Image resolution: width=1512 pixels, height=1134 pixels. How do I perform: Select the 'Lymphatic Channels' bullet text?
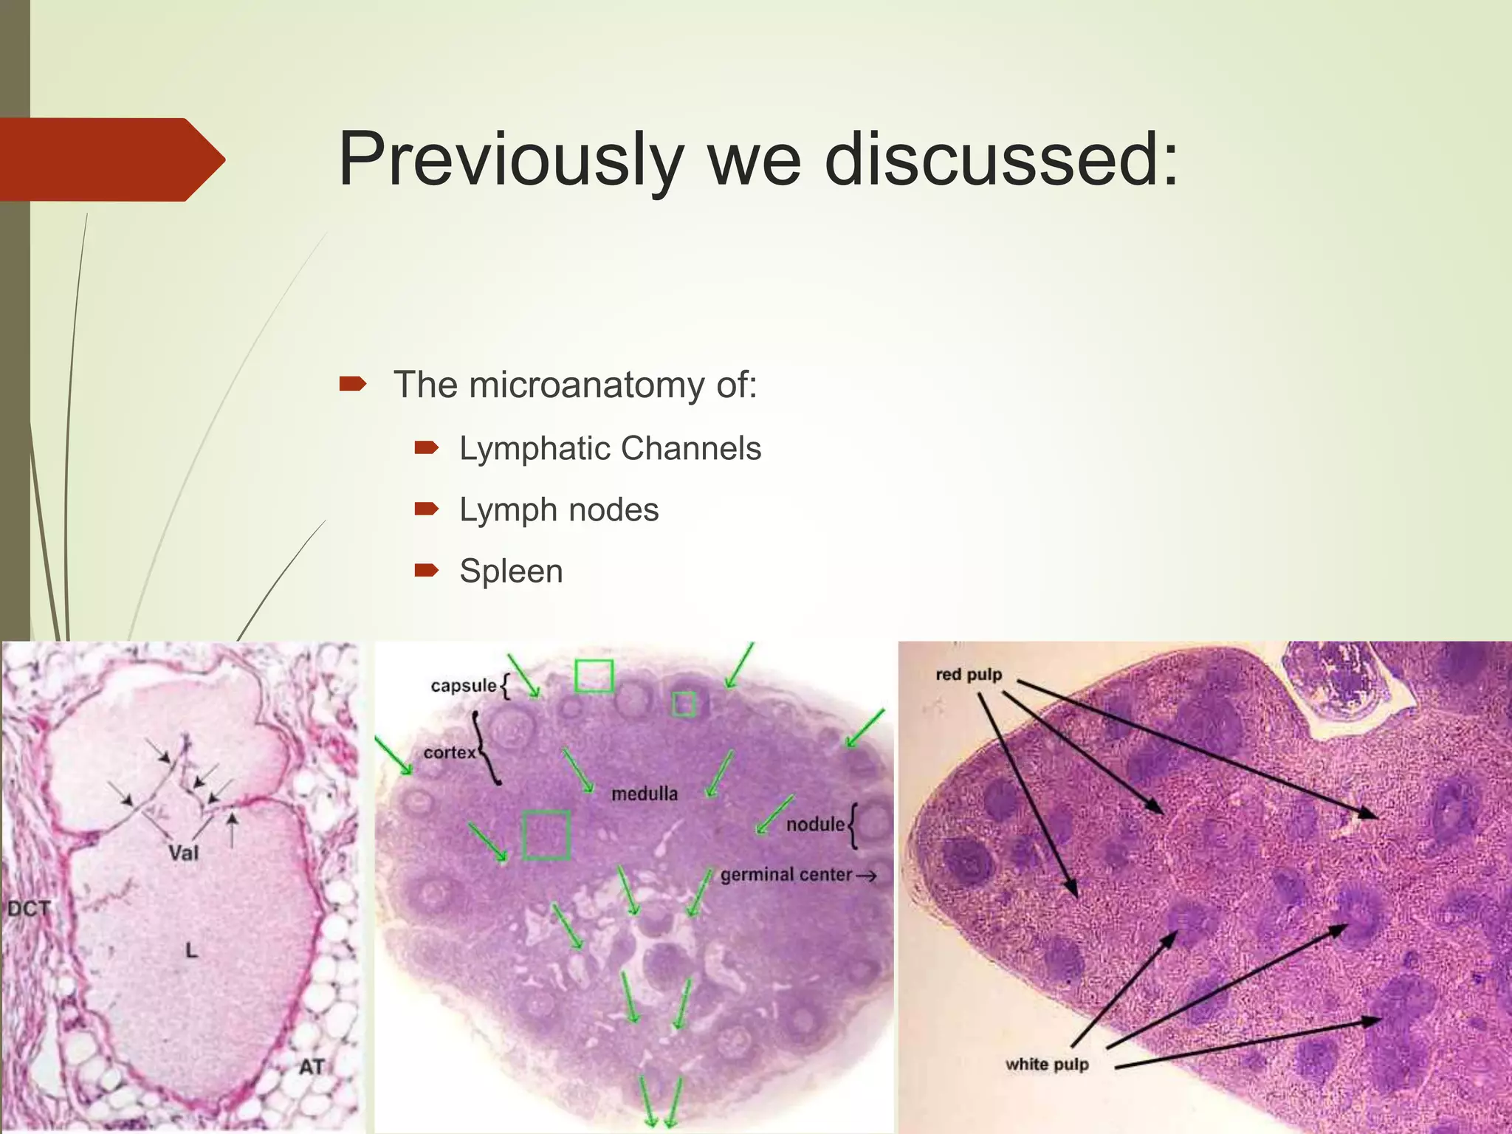tap(610, 449)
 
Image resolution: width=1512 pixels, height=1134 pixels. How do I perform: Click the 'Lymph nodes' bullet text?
tap(559, 510)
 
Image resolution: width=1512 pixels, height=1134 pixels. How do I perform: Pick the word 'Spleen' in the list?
tap(511, 571)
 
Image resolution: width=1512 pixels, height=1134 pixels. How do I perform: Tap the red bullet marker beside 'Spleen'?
tap(427, 570)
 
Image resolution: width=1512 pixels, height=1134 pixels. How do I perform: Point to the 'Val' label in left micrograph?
tap(183, 853)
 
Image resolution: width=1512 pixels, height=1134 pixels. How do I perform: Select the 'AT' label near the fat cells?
tap(312, 1067)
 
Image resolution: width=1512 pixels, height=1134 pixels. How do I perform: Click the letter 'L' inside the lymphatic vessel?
tap(191, 950)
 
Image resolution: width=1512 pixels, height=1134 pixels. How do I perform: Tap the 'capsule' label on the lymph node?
tap(463, 686)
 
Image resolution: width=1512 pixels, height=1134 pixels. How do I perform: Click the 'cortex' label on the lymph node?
tap(449, 753)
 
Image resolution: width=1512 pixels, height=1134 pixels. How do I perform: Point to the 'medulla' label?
tap(645, 794)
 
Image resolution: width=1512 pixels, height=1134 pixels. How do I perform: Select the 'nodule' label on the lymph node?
tap(814, 825)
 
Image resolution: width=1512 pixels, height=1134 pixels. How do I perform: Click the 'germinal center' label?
tap(786, 875)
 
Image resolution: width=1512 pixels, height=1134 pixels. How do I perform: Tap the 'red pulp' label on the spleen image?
tap(968, 675)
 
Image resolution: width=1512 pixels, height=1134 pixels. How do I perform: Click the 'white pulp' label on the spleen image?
tap(1046, 1065)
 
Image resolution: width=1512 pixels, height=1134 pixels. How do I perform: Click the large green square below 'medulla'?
tap(546, 835)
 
